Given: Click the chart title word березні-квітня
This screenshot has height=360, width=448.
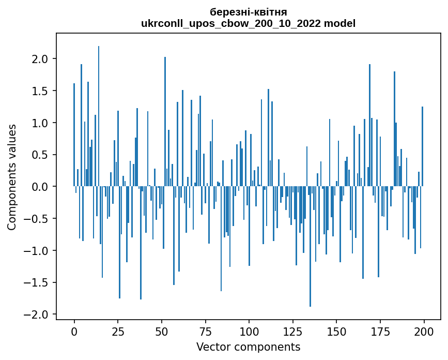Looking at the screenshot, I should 249,12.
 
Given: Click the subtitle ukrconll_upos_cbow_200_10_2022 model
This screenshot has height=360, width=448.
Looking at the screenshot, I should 249,23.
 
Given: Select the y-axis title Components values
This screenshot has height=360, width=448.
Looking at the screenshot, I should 12,177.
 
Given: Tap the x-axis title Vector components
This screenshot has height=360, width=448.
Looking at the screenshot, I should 249,347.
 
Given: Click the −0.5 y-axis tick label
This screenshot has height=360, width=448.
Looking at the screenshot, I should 38,219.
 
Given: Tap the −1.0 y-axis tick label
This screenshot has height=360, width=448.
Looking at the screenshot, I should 38,251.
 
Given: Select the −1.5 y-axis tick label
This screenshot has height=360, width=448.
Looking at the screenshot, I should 38,283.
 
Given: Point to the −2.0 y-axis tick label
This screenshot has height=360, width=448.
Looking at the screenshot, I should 38,315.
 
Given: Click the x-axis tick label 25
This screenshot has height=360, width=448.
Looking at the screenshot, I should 118,331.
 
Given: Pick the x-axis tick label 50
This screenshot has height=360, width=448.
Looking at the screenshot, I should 162,331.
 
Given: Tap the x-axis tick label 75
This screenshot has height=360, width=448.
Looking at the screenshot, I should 205,331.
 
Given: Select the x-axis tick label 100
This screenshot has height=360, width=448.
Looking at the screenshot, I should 249,331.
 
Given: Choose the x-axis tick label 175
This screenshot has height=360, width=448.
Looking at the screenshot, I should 380,331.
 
